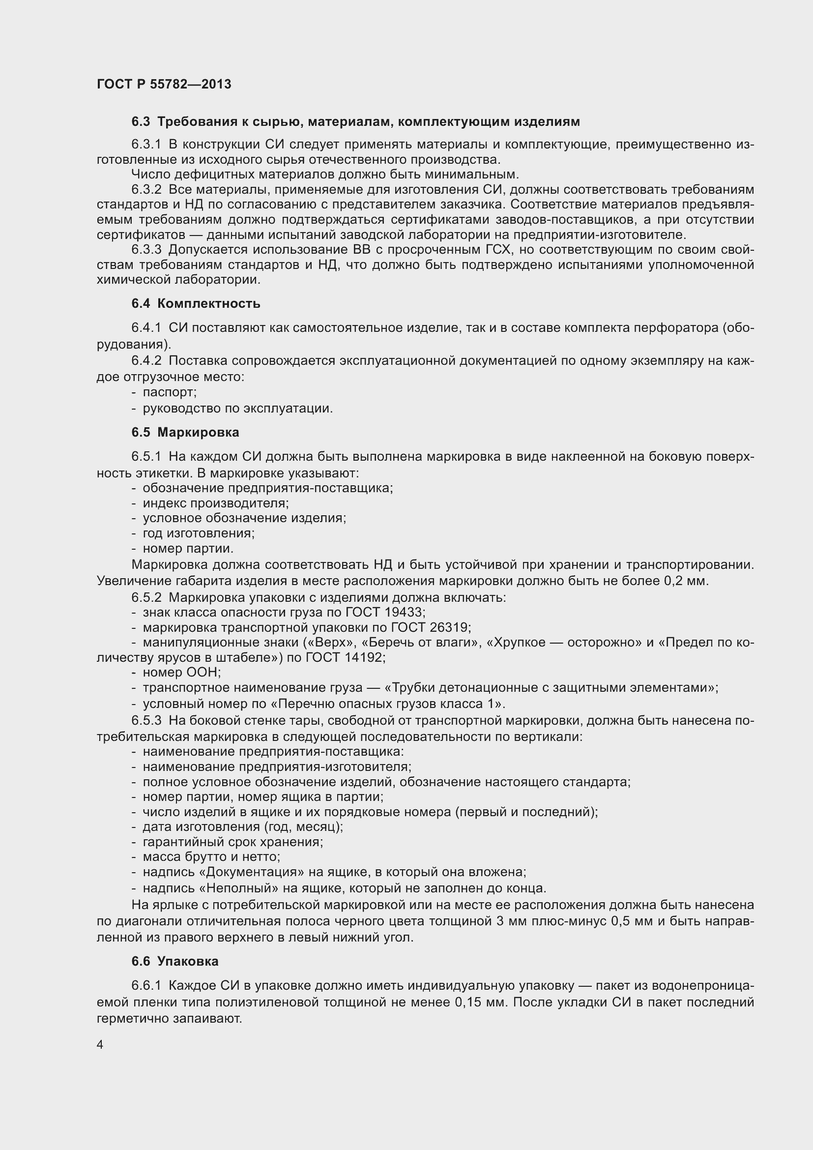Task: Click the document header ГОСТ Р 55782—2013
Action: pyautogui.click(x=164, y=84)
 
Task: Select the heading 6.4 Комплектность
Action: pyautogui.click(x=196, y=303)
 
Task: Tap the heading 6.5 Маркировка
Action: pyautogui.click(x=185, y=432)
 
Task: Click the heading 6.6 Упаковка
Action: pyautogui.click(x=174, y=961)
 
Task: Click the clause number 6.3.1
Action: pyautogui.click(x=146, y=145)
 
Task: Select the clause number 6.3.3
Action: pyautogui.click(x=146, y=249)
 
